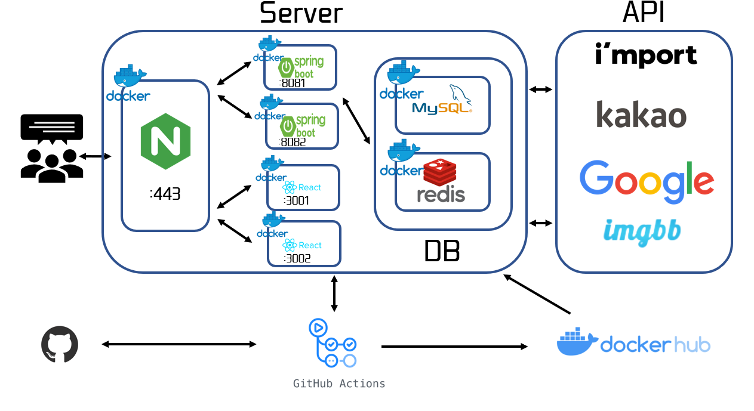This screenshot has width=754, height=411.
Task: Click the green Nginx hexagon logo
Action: click(165, 141)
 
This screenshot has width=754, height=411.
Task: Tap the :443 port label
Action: click(165, 194)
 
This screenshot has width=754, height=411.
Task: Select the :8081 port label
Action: click(292, 83)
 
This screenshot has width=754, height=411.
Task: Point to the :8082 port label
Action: click(293, 142)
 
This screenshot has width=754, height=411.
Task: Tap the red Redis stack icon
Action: click(440, 172)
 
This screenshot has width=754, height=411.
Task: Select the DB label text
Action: click(442, 252)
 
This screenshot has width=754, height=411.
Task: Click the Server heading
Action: click(301, 13)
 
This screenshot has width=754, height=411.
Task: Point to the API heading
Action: click(644, 13)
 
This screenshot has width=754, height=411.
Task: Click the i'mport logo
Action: click(646, 55)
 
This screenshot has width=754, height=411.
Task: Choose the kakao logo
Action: click(641, 114)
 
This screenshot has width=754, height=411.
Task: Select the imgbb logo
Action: click(642, 231)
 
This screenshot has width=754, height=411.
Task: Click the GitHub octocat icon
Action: click(60, 344)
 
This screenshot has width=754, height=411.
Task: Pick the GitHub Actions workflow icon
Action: click(333, 344)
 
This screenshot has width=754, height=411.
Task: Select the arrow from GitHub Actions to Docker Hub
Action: click(454, 347)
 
